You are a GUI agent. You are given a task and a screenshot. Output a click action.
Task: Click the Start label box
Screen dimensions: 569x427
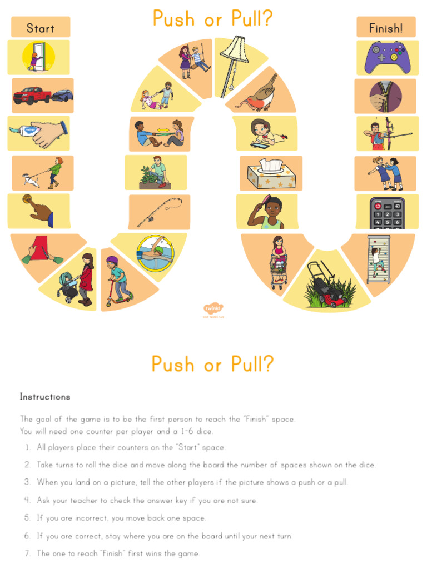(x=41, y=27)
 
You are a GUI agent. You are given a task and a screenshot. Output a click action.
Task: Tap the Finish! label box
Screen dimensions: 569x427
(x=386, y=27)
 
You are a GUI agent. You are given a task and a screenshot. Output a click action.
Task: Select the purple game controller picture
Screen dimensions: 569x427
(x=387, y=57)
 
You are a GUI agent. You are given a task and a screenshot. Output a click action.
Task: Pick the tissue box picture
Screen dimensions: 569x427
(x=271, y=174)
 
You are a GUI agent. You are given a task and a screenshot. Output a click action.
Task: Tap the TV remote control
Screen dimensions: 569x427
(x=388, y=213)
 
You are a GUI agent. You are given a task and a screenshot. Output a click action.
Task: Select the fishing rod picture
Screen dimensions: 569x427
(x=159, y=212)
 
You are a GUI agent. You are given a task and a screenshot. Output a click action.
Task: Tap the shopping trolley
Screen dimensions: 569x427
(x=279, y=269)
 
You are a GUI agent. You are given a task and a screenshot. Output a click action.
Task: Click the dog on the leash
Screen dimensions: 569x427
(x=29, y=179)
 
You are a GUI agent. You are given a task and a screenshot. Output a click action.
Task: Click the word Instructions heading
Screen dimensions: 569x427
(x=45, y=397)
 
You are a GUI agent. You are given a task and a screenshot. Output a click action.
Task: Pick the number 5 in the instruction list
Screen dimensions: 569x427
(x=27, y=518)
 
